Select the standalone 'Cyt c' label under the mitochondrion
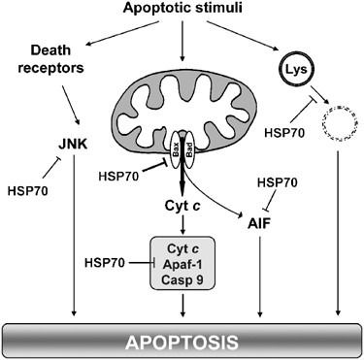(x=182, y=208)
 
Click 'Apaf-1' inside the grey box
(x=182, y=264)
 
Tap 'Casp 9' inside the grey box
(x=182, y=281)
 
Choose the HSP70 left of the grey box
(x=105, y=263)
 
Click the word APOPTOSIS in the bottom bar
(x=182, y=344)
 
